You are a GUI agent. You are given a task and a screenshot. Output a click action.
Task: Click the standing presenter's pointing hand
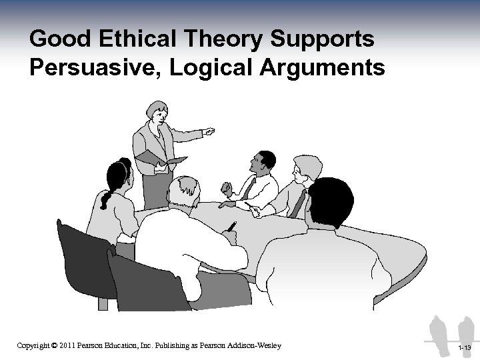pos(209,131)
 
